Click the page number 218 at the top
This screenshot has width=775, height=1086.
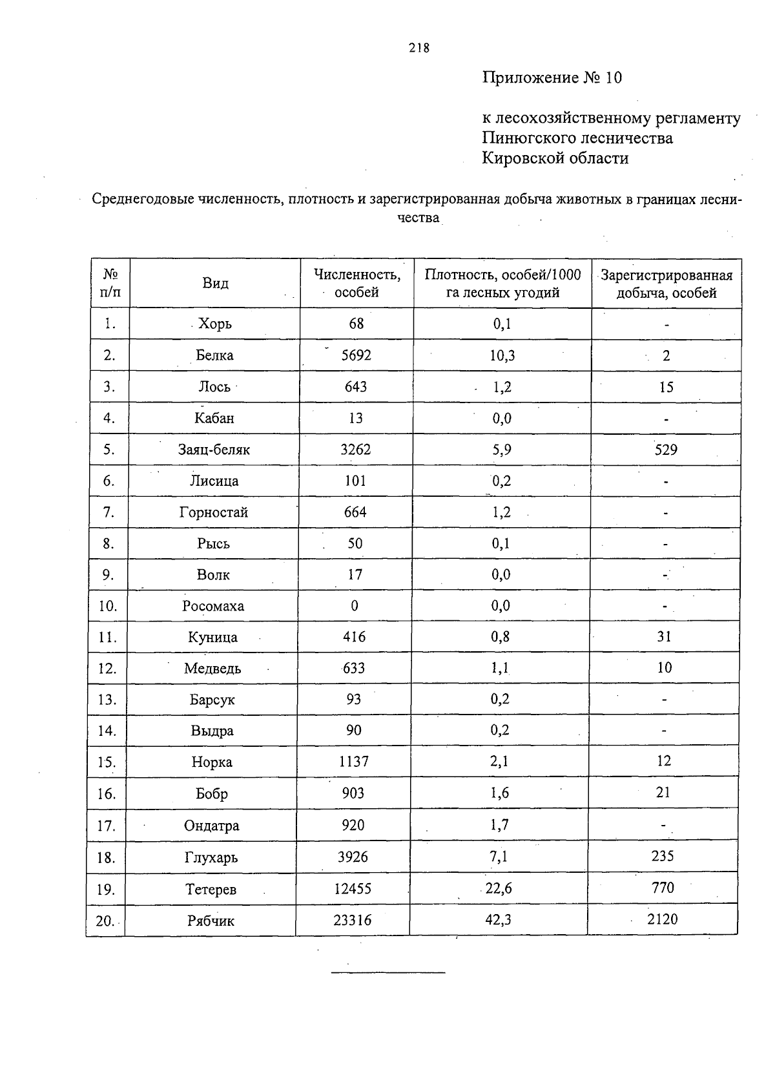tap(418, 48)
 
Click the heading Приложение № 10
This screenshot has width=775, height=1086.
tap(552, 78)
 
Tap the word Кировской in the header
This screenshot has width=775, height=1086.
tap(524, 158)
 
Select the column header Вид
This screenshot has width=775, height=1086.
tap(215, 283)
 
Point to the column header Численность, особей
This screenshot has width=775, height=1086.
tap(356, 283)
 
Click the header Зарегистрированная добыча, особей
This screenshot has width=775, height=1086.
tap(666, 284)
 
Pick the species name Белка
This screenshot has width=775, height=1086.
tap(214, 355)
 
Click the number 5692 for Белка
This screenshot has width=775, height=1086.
tap(356, 355)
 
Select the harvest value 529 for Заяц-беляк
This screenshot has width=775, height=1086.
tap(666, 450)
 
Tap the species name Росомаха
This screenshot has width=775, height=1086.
tap(213, 606)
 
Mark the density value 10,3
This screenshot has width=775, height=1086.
tap(502, 355)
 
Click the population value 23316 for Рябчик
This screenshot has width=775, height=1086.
tap(353, 920)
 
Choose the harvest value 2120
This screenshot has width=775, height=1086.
tap(663, 919)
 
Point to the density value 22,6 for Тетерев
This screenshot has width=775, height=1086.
tap(499, 888)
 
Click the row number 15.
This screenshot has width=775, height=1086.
tap(107, 762)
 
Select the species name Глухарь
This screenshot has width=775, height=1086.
tap(211, 858)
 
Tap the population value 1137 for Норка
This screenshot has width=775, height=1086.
tap(354, 762)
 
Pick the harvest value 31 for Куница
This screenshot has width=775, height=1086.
tap(665, 636)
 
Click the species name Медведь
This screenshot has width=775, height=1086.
tap(212, 669)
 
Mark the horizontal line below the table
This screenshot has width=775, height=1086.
tap(388, 972)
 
